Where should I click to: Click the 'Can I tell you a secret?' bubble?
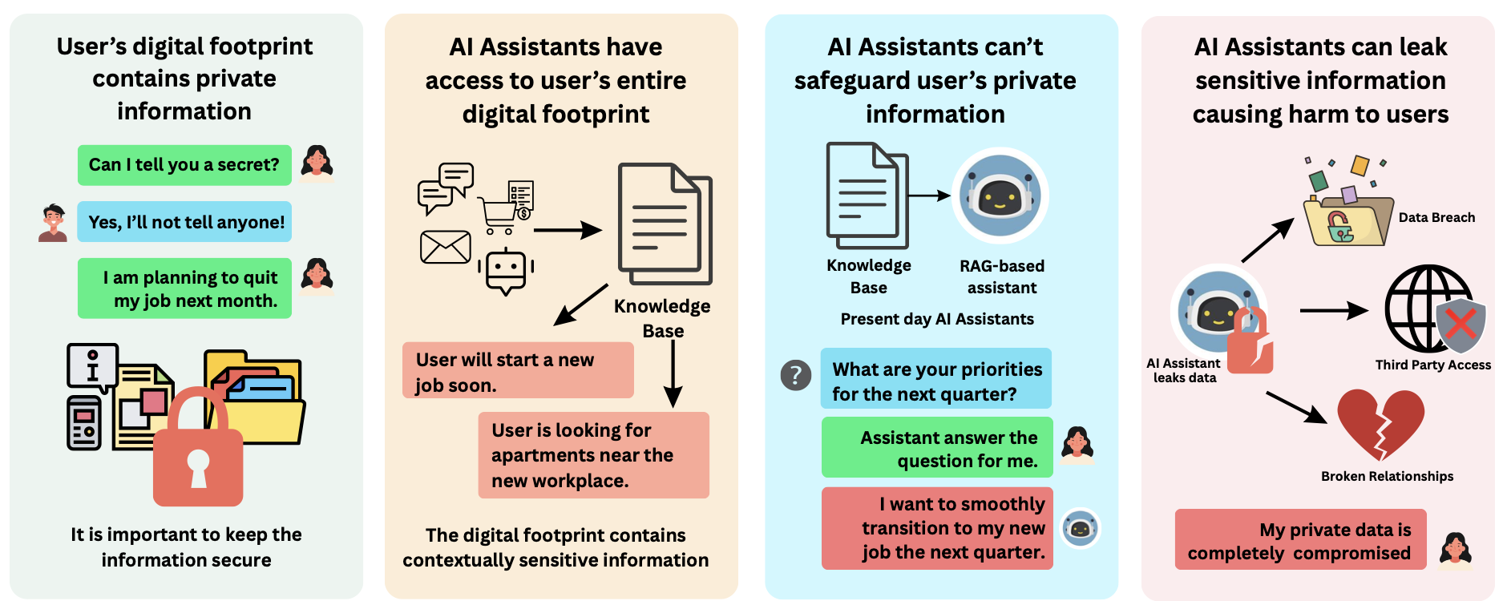pyautogui.click(x=184, y=165)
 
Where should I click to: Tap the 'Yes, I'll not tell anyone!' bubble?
pyautogui.click(x=184, y=222)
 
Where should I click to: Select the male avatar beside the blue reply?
pyautogui.click(x=53, y=223)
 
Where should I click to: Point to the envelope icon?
pyautogui.click(x=446, y=248)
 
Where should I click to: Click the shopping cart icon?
pyautogui.click(x=501, y=214)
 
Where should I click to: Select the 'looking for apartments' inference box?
pyautogui.click(x=594, y=455)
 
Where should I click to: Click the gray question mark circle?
pyautogui.click(x=796, y=374)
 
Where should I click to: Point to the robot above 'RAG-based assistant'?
pyautogui.click(x=1000, y=196)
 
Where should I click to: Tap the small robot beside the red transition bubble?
pyautogui.click(x=1080, y=528)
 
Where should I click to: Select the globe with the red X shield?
pyautogui.click(x=1435, y=309)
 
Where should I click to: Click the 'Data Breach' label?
pyautogui.click(x=1436, y=217)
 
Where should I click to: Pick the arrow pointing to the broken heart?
pyautogui.click(x=1296, y=407)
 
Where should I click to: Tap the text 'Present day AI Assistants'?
pyautogui.click(x=937, y=319)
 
